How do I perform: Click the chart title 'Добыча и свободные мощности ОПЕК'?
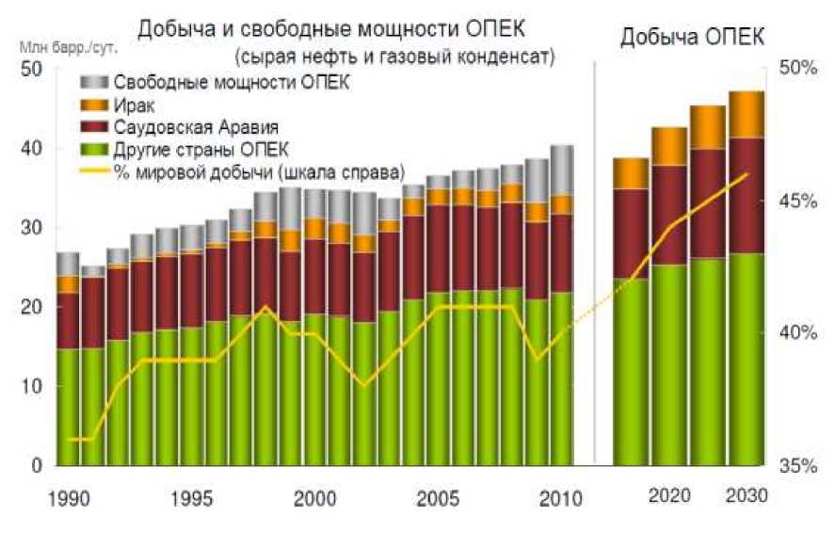[330, 29]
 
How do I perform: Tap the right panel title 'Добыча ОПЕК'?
[691, 38]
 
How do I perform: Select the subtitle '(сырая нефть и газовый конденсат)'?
[396, 56]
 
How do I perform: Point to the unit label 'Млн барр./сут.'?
[63, 44]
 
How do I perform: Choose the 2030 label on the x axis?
[747, 496]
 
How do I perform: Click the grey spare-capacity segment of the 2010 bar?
[563, 170]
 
